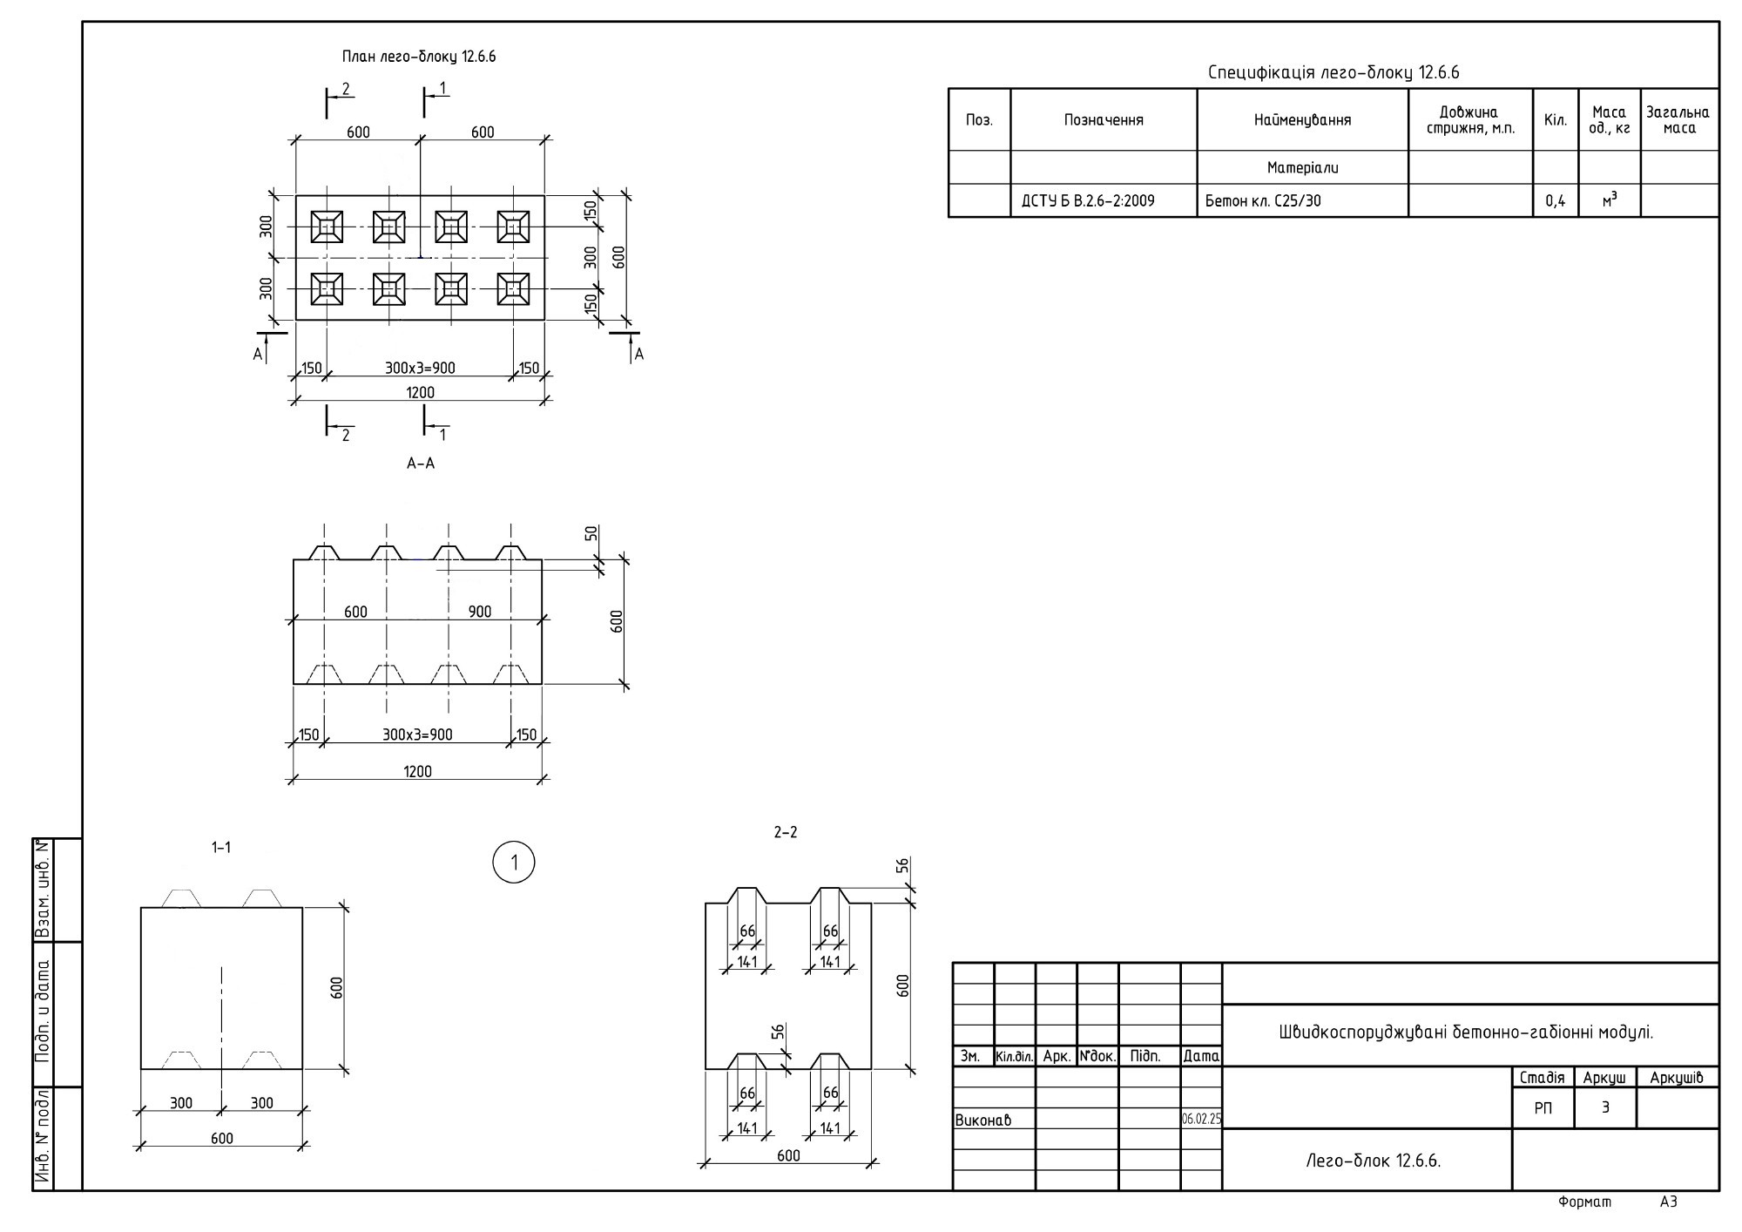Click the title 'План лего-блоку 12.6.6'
419,57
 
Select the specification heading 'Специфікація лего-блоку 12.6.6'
1334,72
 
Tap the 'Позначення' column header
1104,120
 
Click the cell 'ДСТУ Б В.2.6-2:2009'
1088,201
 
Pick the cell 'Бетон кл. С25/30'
1263,201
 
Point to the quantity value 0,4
1556,201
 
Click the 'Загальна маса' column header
1678,120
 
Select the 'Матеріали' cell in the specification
1303,167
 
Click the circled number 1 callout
514,863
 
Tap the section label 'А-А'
421,464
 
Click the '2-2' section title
786,832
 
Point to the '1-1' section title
221,847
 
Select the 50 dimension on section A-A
591,533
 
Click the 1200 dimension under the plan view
421,392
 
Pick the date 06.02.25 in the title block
1201,1119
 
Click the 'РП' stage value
1543,1108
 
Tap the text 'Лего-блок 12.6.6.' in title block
1374,1161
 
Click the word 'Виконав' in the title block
983,1120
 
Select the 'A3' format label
1669,1202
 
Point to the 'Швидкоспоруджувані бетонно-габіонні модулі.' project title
1466,1032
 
